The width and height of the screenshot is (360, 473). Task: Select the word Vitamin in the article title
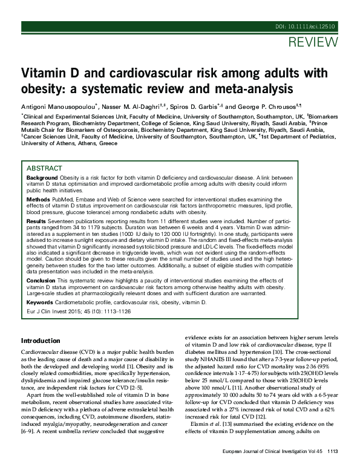[x=43, y=73]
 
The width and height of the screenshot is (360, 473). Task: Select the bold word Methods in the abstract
[x=38, y=199]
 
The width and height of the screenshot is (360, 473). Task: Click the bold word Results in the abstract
[x=37, y=221]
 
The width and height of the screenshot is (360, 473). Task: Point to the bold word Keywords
[x=40, y=301]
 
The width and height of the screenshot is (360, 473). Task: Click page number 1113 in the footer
[x=332, y=468]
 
